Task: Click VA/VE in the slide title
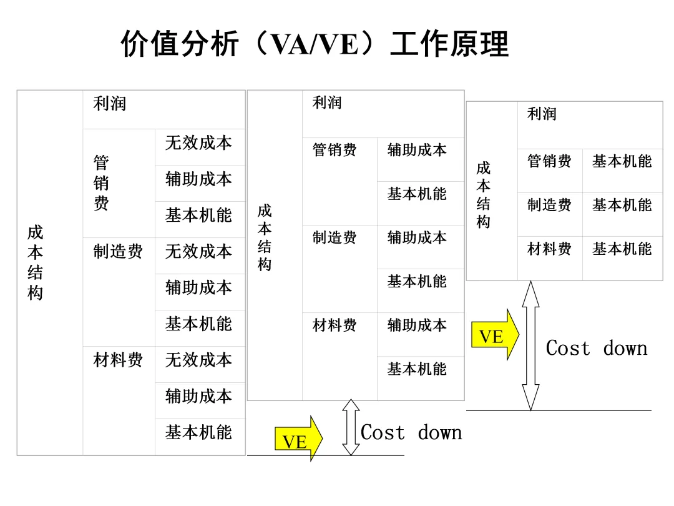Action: (314, 45)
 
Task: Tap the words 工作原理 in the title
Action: (449, 45)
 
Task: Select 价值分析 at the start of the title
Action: (180, 45)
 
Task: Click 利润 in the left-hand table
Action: (110, 104)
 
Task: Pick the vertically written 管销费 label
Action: (101, 183)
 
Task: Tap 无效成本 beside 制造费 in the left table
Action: (198, 252)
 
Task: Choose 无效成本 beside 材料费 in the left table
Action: (198, 360)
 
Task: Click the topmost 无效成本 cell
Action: (198, 143)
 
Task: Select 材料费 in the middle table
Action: (335, 325)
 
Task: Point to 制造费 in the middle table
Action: (335, 238)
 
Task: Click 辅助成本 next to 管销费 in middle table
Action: (417, 151)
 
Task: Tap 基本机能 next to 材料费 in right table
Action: (622, 249)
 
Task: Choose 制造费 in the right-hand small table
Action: (549, 206)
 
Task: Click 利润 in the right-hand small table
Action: (542, 114)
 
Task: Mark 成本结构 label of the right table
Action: (483, 195)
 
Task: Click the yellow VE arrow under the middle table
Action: (298, 440)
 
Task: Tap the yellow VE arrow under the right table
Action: (494, 335)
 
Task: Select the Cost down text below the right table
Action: (596, 349)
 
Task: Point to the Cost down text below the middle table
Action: (411, 432)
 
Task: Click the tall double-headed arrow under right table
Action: (530, 345)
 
